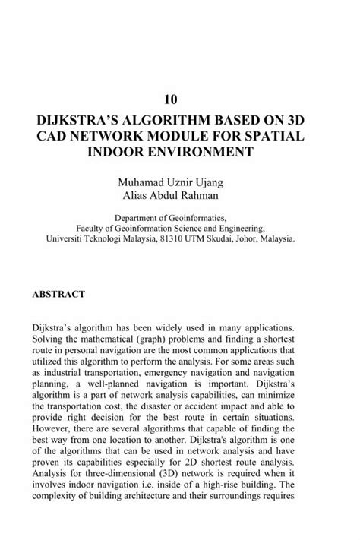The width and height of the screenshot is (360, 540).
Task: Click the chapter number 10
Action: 180,99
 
